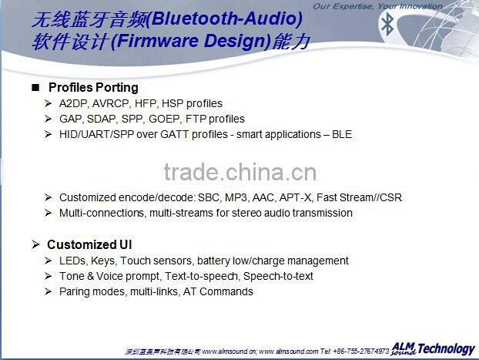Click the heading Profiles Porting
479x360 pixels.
(x=93, y=87)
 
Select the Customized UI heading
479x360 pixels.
(x=89, y=244)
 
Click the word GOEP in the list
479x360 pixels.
(x=167, y=119)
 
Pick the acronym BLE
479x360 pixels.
(x=341, y=134)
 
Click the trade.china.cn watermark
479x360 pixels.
(x=239, y=171)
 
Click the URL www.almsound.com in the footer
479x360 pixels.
(x=288, y=351)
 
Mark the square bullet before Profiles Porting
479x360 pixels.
(x=35, y=87)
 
